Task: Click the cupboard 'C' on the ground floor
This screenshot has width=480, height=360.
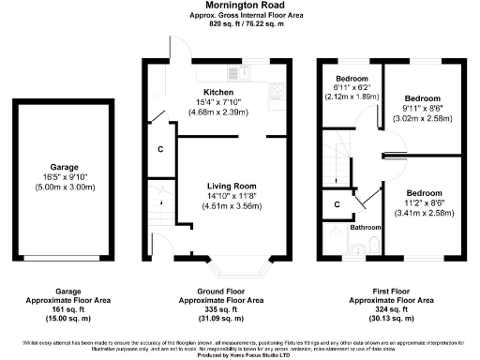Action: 160,150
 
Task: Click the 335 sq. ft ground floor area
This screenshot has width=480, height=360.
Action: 221,309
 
